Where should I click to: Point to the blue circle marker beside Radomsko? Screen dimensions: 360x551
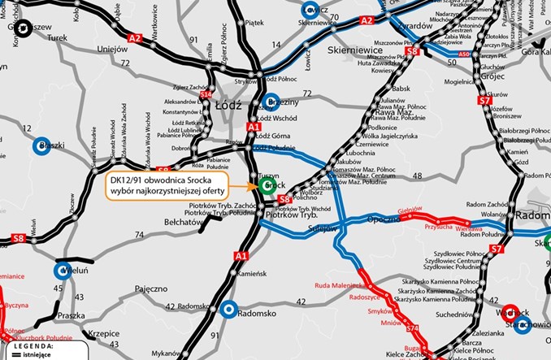229,310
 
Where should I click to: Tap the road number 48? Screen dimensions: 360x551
418,188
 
